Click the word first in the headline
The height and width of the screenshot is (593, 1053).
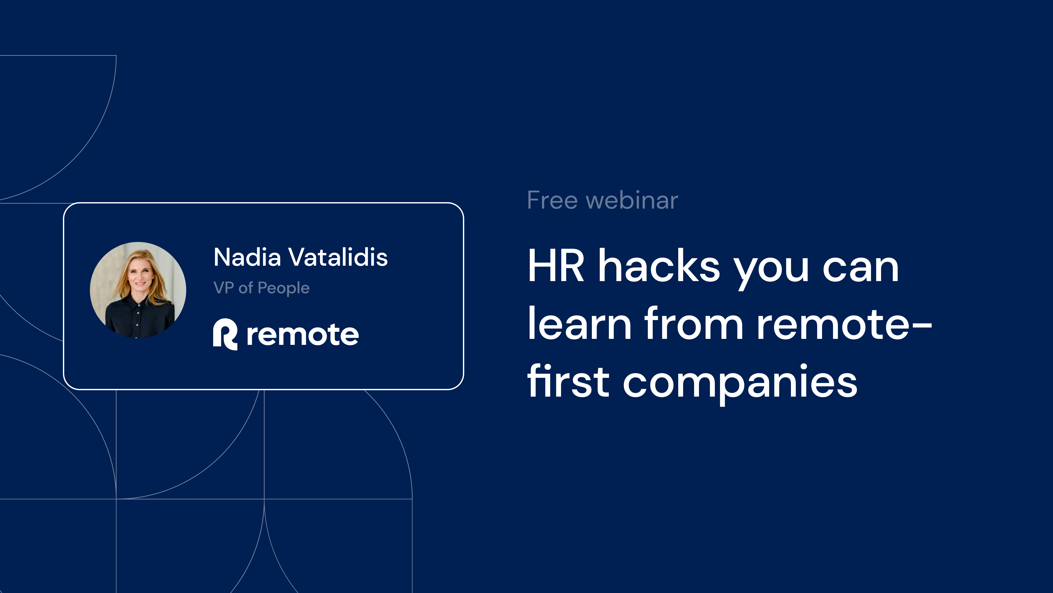click(x=568, y=381)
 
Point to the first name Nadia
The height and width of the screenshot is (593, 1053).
click(x=247, y=258)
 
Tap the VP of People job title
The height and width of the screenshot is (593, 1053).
click(x=262, y=288)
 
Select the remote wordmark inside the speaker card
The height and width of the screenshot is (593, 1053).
click(x=302, y=335)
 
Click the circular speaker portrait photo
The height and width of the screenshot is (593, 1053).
click(x=138, y=290)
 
